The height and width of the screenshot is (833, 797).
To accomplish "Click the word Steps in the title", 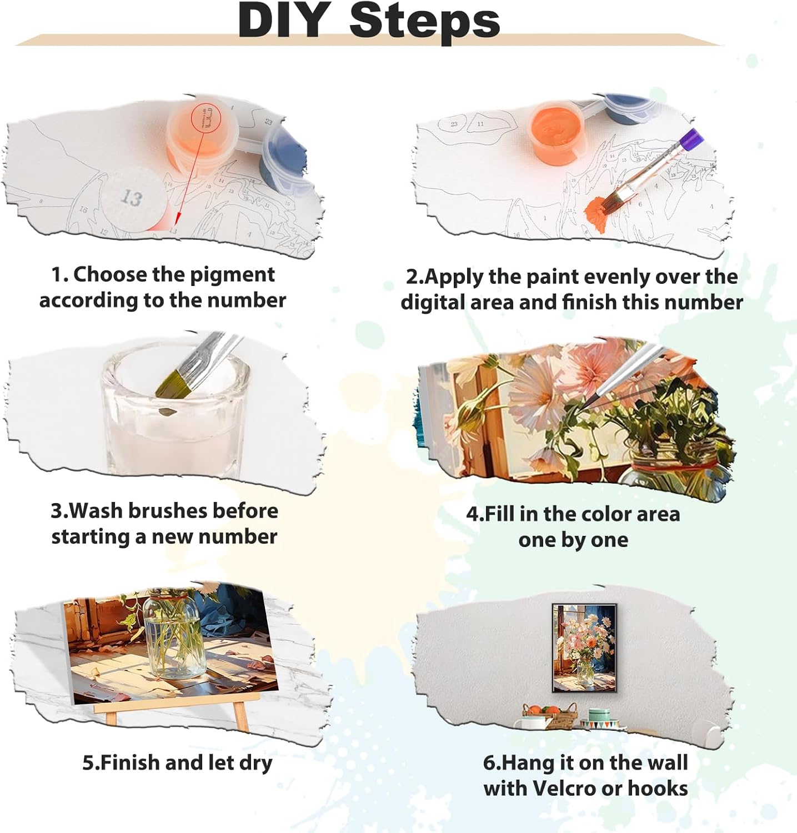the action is (425, 21).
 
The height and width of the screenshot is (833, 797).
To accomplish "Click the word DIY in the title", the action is (283, 20).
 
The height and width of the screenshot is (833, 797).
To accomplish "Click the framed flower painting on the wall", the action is (584, 648).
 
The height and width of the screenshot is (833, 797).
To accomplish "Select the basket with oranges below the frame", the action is (548, 716).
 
